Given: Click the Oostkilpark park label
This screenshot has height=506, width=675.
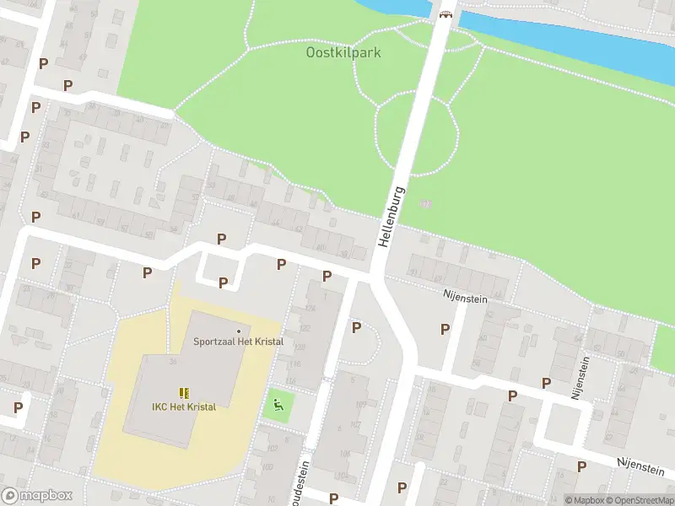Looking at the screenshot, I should coord(343,52).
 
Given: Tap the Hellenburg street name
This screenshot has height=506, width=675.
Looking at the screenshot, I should coord(392,217).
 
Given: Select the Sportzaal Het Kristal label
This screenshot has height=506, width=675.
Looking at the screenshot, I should coord(238,342).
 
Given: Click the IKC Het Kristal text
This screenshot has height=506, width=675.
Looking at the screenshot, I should coord(184,406).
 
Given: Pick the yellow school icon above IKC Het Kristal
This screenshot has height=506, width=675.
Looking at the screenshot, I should coord(184,392).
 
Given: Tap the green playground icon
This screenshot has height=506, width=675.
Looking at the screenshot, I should coord(277,406).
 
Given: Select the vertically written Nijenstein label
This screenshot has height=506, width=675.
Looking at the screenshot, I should coord(581,377).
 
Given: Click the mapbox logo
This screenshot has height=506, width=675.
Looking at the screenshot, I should coord(37,495).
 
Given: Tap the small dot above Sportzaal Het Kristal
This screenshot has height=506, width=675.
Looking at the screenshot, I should coord(239,331).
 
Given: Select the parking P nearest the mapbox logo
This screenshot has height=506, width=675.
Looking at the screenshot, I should coord(18,407).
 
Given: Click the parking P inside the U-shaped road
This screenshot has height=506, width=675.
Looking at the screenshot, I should coord(223,283).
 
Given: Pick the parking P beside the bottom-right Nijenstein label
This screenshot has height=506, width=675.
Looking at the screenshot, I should coord(581,466).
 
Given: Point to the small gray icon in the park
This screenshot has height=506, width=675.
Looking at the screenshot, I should coord(425,203).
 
